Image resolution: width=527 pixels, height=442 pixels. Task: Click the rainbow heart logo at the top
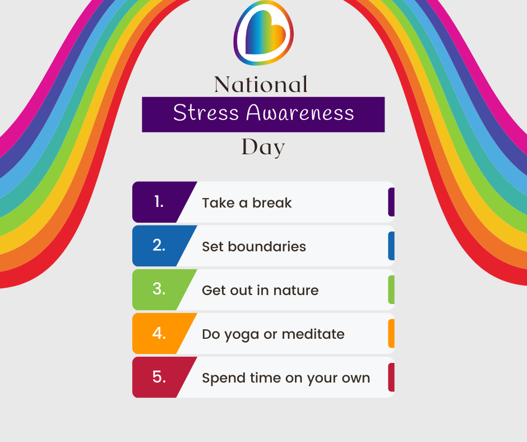point(263,33)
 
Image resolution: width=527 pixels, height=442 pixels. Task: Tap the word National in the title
point(261,84)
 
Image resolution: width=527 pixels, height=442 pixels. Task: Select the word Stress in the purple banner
point(206,112)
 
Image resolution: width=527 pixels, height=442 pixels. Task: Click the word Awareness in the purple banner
point(300,112)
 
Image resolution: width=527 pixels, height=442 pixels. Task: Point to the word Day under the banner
point(263,148)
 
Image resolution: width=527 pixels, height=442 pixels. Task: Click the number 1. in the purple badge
point(159,202)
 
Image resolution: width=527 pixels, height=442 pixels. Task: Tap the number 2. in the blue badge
point(159,246)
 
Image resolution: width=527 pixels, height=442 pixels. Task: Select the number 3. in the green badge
point(159,289)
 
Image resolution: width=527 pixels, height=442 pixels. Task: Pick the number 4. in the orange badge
point(159,333)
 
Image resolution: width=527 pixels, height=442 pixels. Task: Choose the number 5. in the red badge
point(159,377)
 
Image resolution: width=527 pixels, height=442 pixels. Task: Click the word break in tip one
point(272,203)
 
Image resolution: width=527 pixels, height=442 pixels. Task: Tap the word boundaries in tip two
point(267,247)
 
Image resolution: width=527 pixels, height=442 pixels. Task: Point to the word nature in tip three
point(296,291)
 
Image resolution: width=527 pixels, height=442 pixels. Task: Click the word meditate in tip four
point(313,334)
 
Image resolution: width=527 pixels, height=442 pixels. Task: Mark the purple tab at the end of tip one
point(391,202)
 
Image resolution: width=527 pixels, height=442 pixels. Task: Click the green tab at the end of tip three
point(391,289)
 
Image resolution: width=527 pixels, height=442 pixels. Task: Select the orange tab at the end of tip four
point(391,333)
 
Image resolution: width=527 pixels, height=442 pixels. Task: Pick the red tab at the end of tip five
point(391,377)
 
